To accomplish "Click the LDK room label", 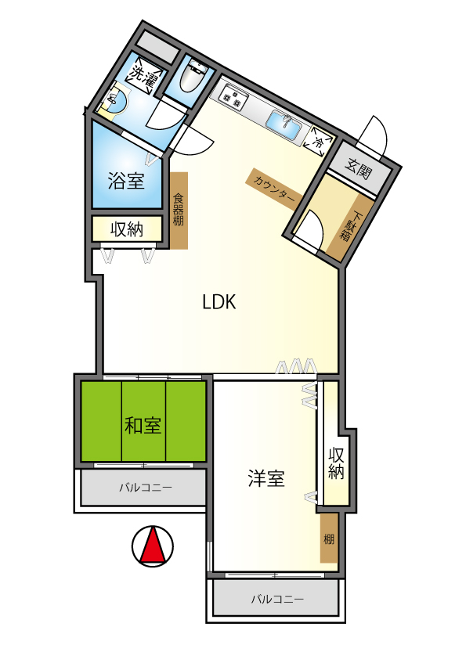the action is [x=219, y=302].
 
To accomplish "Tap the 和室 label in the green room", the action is [x=143, y=425].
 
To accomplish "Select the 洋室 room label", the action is [x=266, y=478].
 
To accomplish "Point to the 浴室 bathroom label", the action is [x=126, y=181].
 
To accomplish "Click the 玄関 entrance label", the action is [x=359, y=168].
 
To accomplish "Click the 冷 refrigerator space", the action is [x=319, y=140].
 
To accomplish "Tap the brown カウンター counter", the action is [x=274, y=189].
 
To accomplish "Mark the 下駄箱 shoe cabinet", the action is [x=350, y=226].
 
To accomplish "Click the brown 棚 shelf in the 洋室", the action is [x=329, y=538].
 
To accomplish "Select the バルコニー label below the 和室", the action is [x=146, y=488].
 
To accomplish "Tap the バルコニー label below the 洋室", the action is [x=277, y=599].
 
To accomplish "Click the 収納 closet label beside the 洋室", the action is [x=336, y=463].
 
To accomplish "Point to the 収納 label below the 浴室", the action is [x=127, y=229].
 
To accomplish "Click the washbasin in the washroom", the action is [x=115, y=101].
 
